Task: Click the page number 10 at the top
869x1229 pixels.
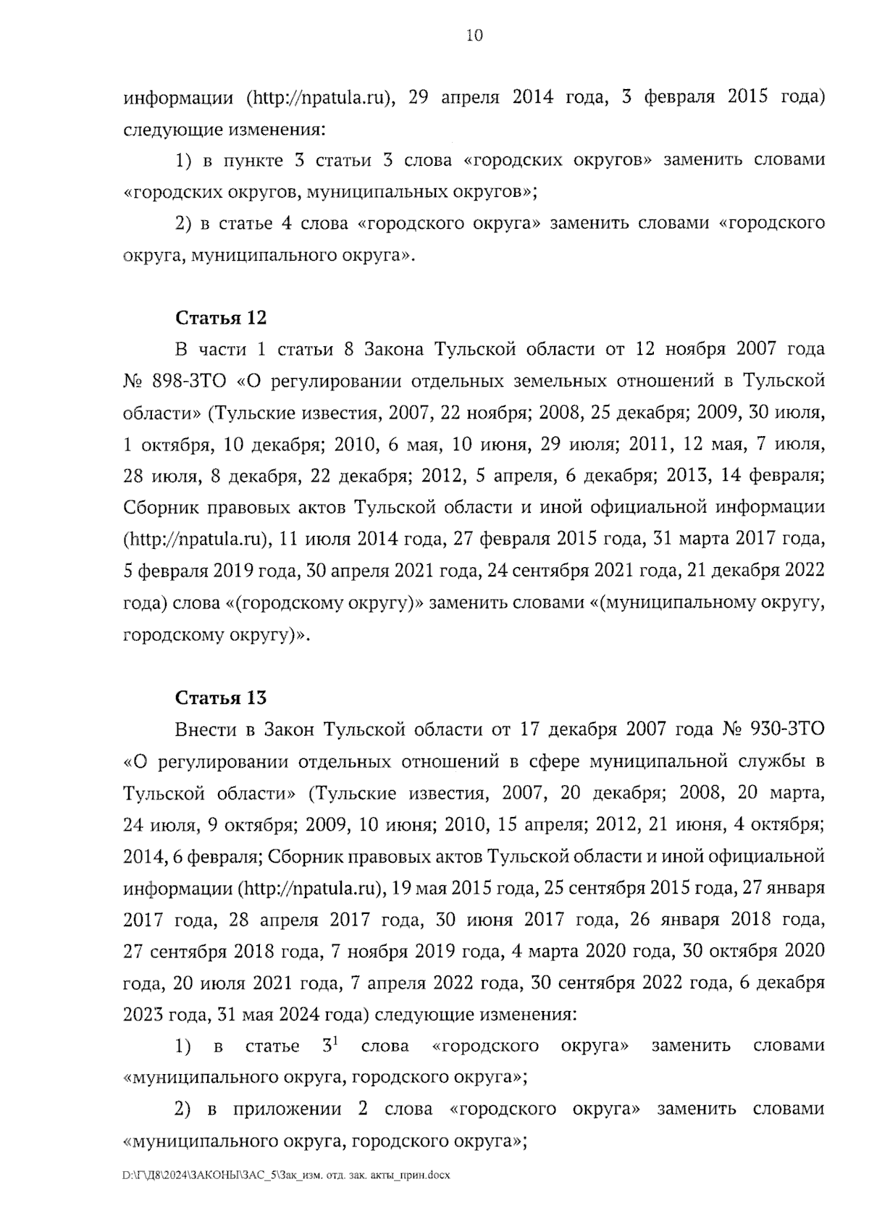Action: pos(474,35)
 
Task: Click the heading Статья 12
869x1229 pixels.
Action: pos(221,318)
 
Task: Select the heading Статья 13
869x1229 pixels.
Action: pos(221,697)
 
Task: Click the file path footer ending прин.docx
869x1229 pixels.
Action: pos(287,1175)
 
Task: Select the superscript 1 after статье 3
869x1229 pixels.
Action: pos(336,1041)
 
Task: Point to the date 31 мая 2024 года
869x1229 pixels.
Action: pos(294,1015)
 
